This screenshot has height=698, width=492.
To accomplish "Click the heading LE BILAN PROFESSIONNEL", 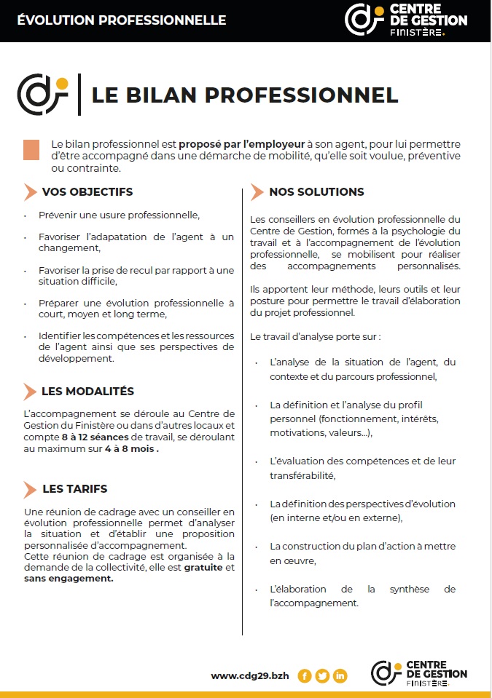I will [x=245, y=95].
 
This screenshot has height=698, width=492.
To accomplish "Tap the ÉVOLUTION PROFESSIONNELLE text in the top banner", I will [x=122, y=20].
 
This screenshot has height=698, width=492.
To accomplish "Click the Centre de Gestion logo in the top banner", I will [x=405, y=20].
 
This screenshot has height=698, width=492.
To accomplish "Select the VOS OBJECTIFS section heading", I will [x=87, y=192].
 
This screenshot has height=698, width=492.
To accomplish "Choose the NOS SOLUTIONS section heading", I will [x=316, y=192].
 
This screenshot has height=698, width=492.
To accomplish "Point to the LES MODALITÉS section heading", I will [x=87, y=392].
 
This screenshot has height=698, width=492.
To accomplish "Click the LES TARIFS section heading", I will [x=74, y=489].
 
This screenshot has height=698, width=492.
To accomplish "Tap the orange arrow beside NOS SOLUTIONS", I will [x=256, y=192].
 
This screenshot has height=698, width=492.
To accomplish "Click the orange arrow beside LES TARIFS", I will [x=29, y=489].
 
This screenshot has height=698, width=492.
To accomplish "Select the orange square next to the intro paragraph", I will [x=31, y=149].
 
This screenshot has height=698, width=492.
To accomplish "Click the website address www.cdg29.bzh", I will [x=250, y=675].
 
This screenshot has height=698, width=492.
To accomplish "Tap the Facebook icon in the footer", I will [x=305, y=675].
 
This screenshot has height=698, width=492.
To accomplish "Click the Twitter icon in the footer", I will [x=322, y=675].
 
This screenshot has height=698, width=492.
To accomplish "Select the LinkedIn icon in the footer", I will [x=340, y=675].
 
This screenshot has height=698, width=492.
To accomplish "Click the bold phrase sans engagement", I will [x=69, y=579].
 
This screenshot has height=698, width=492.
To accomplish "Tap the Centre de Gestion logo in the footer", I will [x=418, y=673].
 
